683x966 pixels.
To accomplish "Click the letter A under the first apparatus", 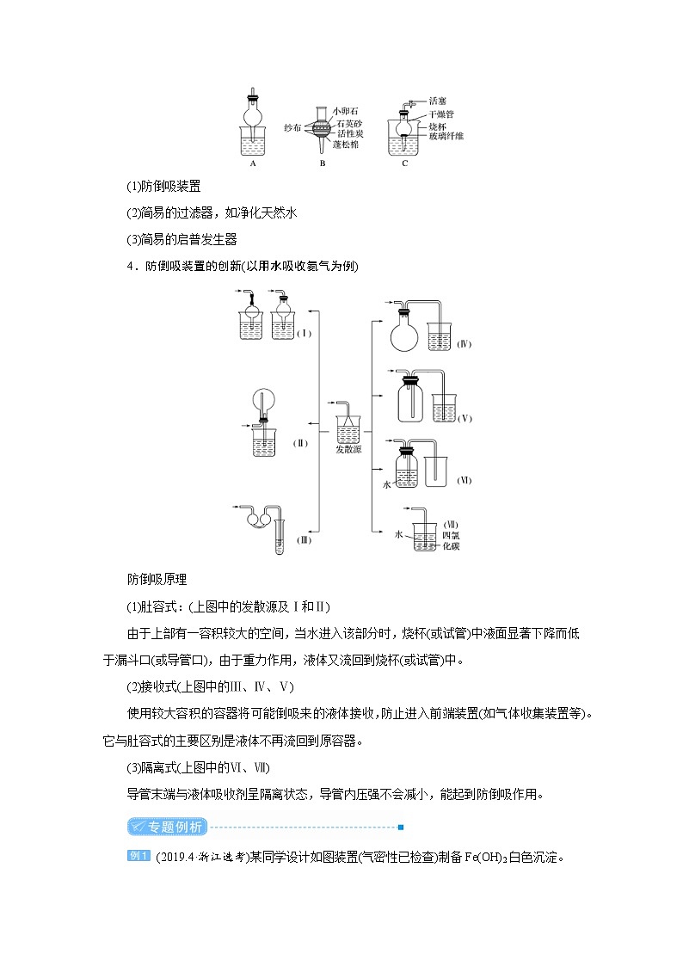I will [253, 162].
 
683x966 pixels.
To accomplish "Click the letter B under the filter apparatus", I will [322, 162].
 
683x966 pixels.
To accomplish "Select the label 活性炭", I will [347, 134].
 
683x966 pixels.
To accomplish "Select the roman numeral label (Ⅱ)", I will [300, 443].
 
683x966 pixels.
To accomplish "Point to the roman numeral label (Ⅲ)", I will [304, 539].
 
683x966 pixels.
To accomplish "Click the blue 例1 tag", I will [139, 856].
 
